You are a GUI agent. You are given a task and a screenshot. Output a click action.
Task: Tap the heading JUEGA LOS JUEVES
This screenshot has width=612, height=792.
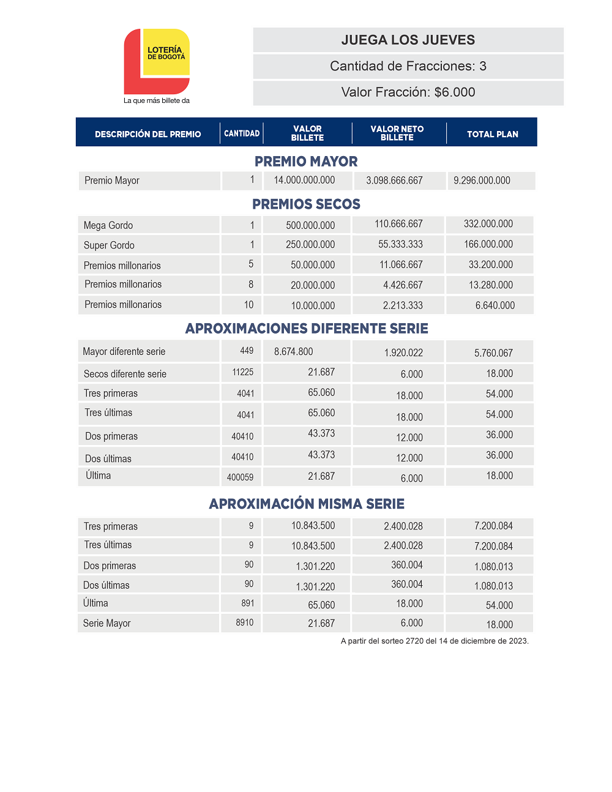coord(408,40)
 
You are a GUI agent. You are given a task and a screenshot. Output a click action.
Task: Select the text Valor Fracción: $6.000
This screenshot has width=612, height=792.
coord(408,92)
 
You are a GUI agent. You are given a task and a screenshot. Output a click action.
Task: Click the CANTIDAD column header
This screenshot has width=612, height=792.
coord(242,133)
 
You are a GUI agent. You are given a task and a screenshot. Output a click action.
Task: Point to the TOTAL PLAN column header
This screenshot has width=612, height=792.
coord(493,134)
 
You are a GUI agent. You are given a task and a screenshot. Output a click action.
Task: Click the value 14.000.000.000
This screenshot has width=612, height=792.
coord(304,181)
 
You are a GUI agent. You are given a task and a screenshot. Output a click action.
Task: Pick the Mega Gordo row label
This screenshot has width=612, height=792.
coord(108,225)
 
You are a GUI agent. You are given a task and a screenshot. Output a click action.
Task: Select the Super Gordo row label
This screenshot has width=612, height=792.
coord(109,245)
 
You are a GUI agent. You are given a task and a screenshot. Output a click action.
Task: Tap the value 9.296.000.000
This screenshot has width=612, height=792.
coord(482,181)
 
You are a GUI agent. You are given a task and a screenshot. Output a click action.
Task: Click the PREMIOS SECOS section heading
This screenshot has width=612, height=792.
coord(306,204)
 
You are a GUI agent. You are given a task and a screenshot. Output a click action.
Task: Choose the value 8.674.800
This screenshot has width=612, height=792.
coord(294,352)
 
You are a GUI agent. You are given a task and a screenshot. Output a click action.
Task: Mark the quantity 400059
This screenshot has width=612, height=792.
coord(240,477)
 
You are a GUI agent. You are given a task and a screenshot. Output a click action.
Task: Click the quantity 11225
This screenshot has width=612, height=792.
coord(242,372)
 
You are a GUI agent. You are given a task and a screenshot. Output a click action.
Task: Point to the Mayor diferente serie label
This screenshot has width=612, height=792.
coord(124,352)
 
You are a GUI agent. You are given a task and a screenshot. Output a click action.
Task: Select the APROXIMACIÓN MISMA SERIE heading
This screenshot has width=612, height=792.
coord(307,504)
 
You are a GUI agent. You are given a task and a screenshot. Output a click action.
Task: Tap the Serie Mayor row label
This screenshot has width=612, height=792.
coord(107,624)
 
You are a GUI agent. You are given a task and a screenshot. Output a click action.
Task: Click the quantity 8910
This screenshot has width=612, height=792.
coord(245,622)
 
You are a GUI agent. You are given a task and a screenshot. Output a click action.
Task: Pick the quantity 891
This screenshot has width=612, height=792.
coord(247,603)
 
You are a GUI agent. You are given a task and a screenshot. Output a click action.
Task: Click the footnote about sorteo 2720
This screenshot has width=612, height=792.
coord(435,641)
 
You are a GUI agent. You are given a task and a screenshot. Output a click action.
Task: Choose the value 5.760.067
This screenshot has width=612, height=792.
coord(493,353)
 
